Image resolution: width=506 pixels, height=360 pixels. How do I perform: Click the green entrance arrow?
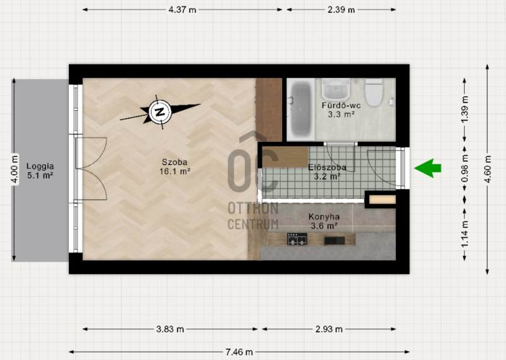[x=428, y=168]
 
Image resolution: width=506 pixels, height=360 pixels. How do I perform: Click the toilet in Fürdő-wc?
[x=374, y=92]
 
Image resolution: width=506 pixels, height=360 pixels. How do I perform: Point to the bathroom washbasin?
[x=336, y=89]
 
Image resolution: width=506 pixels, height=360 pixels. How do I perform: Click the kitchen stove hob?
[x=297, y=239]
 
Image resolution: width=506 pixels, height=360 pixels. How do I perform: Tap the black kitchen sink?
[x=335, y=240]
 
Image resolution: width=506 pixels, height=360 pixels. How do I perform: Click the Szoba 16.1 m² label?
[x=175, y=166]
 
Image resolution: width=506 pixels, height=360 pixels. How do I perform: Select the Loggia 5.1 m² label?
[x=40, y=171]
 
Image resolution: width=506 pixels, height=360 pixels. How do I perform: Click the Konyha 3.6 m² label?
[x=324, y=221]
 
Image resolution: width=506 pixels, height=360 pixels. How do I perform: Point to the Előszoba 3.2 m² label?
[x=327, y=171]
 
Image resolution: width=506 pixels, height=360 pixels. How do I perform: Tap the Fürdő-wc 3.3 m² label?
[x=341, y=110]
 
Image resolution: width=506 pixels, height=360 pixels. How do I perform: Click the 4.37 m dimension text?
[x=182, y=9]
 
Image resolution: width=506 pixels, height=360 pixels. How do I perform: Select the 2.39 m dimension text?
[x=341, y=9]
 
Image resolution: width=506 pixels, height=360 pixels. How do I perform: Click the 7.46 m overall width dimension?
[x=239, y=352]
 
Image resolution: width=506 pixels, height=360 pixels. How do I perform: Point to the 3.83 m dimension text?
[x=170, y=329]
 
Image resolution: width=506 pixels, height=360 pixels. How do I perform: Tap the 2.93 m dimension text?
[x=329, y=329]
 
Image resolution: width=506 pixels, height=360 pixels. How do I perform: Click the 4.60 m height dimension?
[x=488, y=170]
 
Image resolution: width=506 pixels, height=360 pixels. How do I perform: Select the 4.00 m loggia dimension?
[x=14, y=170]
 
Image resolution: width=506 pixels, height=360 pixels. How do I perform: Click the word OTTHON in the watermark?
[x=253, y=208]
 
